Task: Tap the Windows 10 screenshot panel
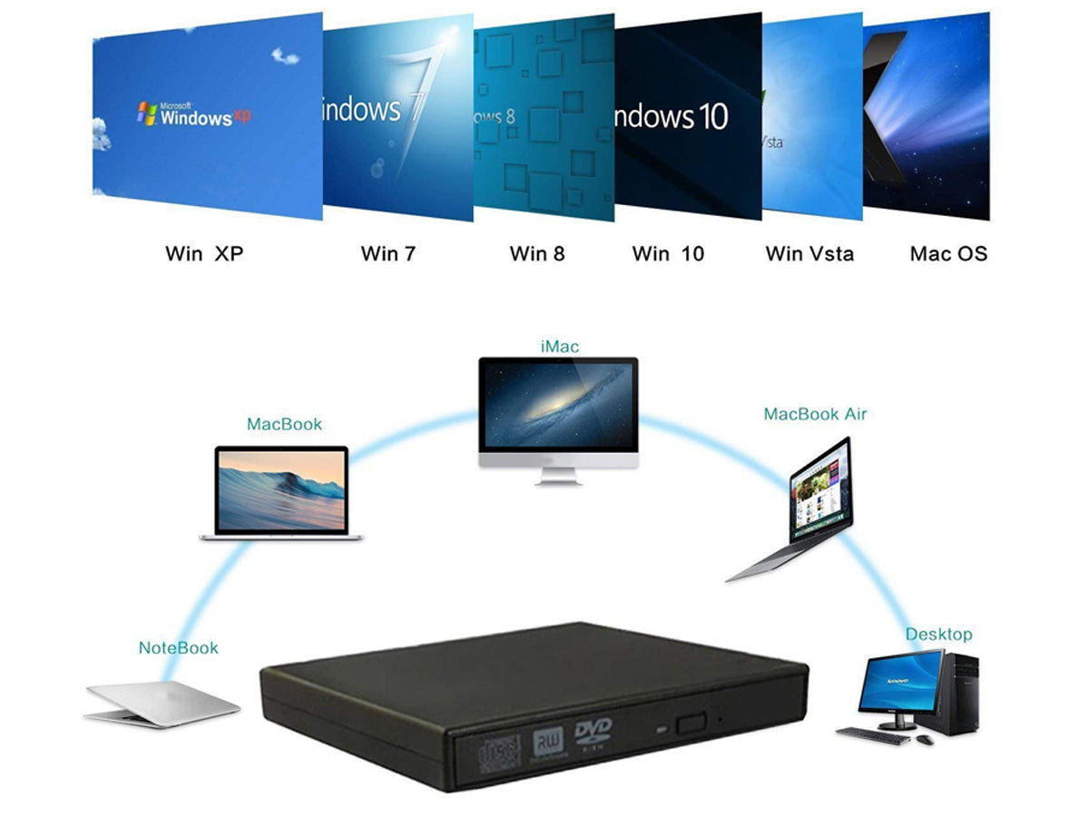[687, 116]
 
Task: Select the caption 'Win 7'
[388, 253]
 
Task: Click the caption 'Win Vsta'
[809, 253]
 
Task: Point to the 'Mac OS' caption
[948, 253]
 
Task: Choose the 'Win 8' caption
[536, 253]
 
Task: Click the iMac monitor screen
[558, 404]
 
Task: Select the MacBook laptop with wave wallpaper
[281, 492]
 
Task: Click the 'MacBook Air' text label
[815, 414]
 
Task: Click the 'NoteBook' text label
[179, 647]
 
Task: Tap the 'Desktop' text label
[938, 634]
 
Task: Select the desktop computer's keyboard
[872, 736]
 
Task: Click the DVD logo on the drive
[594, 732]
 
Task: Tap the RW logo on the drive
[547, 739]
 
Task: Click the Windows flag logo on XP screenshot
[147, 113]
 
